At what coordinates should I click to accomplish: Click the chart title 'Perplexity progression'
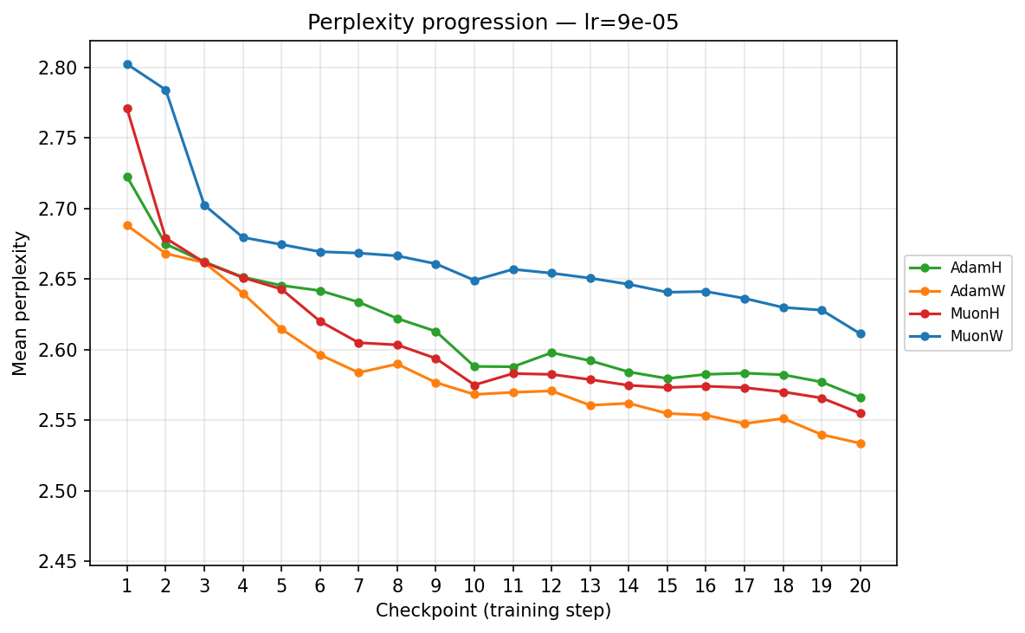coord(493,23)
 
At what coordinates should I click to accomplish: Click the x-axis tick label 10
coord(474,586)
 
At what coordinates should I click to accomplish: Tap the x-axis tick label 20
coord(860,586)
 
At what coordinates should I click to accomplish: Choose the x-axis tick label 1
coord(127,586)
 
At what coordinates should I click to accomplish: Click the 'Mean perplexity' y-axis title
coord(21,303)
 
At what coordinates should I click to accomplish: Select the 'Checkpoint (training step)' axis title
coord(493,610)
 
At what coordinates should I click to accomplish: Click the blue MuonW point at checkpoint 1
coord(127,64)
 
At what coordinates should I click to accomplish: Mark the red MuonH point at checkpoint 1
coord(127,109)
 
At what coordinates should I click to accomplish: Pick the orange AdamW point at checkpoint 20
coord(860,443)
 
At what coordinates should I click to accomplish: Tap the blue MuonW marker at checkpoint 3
coord(204,205)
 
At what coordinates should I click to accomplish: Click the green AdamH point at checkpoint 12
coord(551,352)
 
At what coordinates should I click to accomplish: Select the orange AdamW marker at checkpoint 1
coord(127,225)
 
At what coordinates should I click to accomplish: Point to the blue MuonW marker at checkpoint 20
coord(860,333)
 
